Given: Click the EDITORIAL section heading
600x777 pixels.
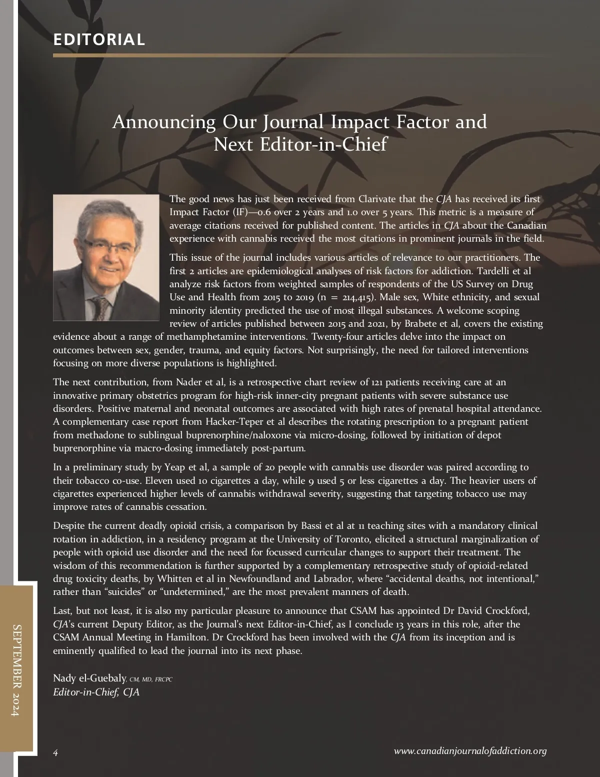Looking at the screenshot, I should (x=99, y=40).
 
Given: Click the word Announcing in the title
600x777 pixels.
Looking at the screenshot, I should (x=163, y=122).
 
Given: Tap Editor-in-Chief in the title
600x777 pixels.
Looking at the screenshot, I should (x=323, y=145).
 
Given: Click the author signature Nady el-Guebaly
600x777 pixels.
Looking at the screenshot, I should (x=89, y=678).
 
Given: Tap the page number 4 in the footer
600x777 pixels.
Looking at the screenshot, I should (x=55, y=752).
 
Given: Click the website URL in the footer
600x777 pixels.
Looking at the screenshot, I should (x=470, y=751).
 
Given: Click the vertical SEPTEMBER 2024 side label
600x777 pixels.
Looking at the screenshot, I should (x=17, y=670).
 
